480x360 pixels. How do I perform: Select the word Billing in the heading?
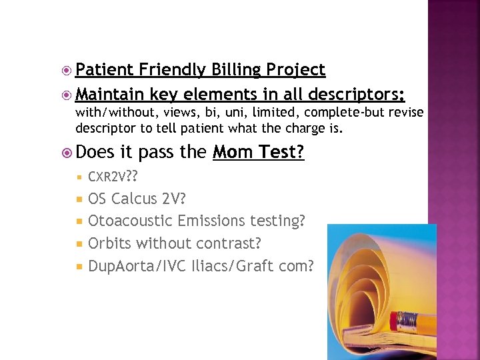(237, 69)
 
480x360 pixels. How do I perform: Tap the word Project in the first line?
(295, 69)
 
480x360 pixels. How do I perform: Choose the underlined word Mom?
(231, 153)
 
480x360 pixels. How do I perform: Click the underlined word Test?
(279, 153)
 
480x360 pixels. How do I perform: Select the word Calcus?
(135, 199)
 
